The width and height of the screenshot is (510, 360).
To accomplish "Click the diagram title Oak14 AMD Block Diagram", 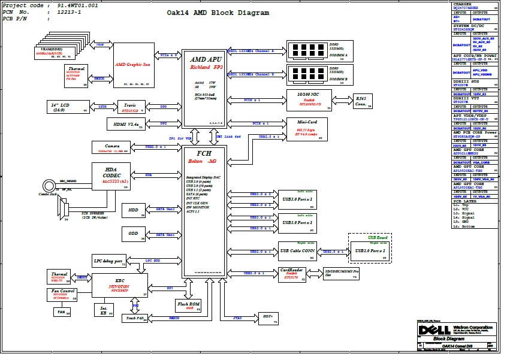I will point(218,13).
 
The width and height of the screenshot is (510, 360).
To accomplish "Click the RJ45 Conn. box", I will point(361,101).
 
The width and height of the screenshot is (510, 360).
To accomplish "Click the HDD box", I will point(134,210).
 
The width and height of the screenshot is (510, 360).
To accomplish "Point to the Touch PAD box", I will point(136,318).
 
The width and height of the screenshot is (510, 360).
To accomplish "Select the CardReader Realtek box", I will point(291,274).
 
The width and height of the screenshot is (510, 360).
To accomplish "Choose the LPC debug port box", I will point(108,261).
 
